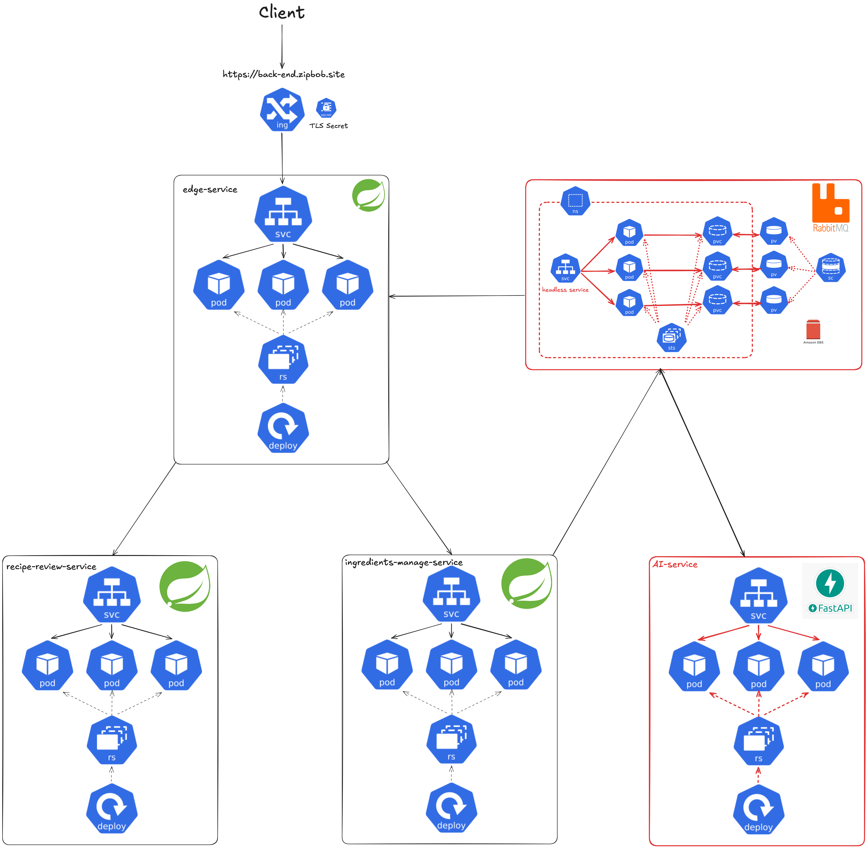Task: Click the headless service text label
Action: click(x=565, y=290)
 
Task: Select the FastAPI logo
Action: click(x=829, y=590)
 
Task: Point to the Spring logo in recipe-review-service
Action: click(x=185, y=587)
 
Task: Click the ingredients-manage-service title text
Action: click(x=404, y=562)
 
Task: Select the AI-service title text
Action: click(x=675, y=564)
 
